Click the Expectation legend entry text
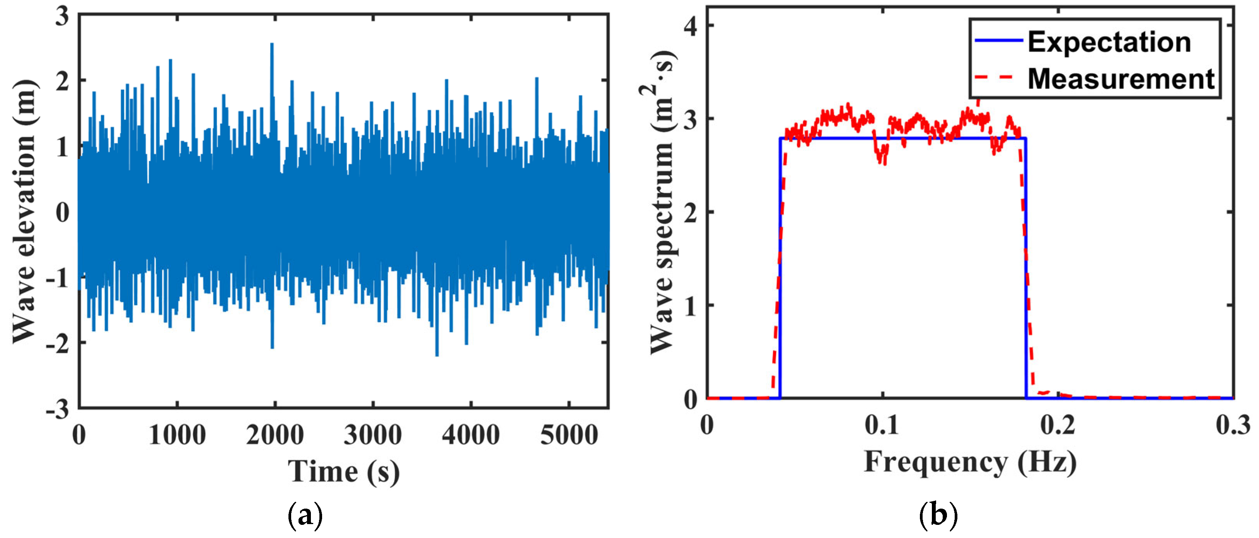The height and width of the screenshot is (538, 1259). [x=1109, y=42]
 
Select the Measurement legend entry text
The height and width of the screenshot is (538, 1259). [x=1121, y=79]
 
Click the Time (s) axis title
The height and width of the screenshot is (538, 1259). [x=344, y=472]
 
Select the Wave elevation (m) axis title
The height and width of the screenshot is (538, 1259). [x=24, y=211]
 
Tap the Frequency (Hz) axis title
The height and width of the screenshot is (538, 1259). [x=970, y=462]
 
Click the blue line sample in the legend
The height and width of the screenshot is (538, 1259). [x=998, y=41]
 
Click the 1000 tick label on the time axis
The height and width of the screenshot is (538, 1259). [x=177, y=434]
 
